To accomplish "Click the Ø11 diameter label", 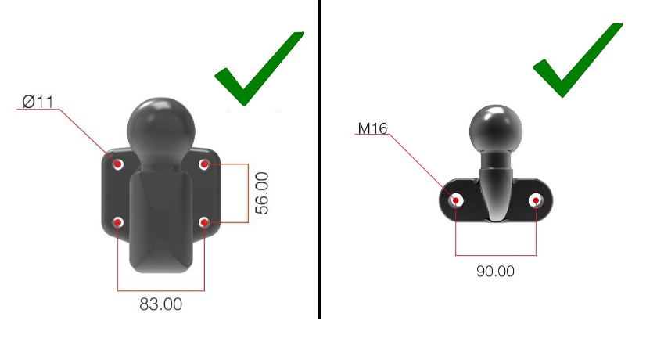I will click(38, 101).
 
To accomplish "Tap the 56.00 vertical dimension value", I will click(262, 193).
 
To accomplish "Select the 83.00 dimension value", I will click(161, 304).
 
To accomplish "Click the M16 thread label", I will click(373, 128).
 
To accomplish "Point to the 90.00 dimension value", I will click(495, 272).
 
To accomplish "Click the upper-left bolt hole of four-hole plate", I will click(119, 164).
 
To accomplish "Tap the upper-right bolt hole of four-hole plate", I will click(204, 164).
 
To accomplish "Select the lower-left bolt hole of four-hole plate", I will click(118, 223).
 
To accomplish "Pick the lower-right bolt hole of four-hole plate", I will click(204, 223).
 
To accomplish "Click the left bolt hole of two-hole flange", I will click(456, 200).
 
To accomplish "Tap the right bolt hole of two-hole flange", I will click(536, 200).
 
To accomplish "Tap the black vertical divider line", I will click(319, 157).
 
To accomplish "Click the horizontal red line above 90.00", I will click(495, 255).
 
